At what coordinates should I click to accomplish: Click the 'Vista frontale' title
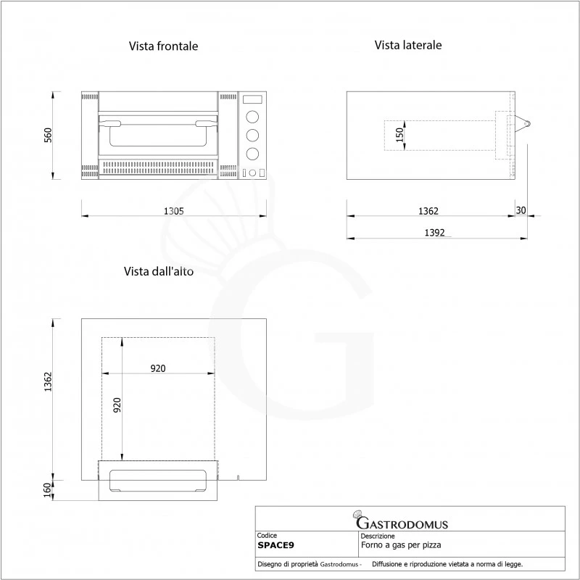click(163, 46)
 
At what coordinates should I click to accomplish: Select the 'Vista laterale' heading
click(408, 45)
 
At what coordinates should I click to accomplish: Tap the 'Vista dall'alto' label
click(158, 271)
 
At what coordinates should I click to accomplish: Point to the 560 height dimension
click(48, 136)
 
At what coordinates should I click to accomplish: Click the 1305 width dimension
click(173, 211)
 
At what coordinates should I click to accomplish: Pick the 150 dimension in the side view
click(399, 135)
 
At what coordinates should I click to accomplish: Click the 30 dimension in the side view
click(521, 210)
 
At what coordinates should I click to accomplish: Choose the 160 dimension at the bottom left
click(48, 490)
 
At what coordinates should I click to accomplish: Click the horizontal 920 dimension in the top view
click(158, 368)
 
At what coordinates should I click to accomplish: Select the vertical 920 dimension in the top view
click(117, 405)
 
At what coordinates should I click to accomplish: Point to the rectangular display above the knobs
click(252, 99)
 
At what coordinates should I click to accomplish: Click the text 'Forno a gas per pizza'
click(401, 544)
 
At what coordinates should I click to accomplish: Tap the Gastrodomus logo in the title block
click(400, 521)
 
